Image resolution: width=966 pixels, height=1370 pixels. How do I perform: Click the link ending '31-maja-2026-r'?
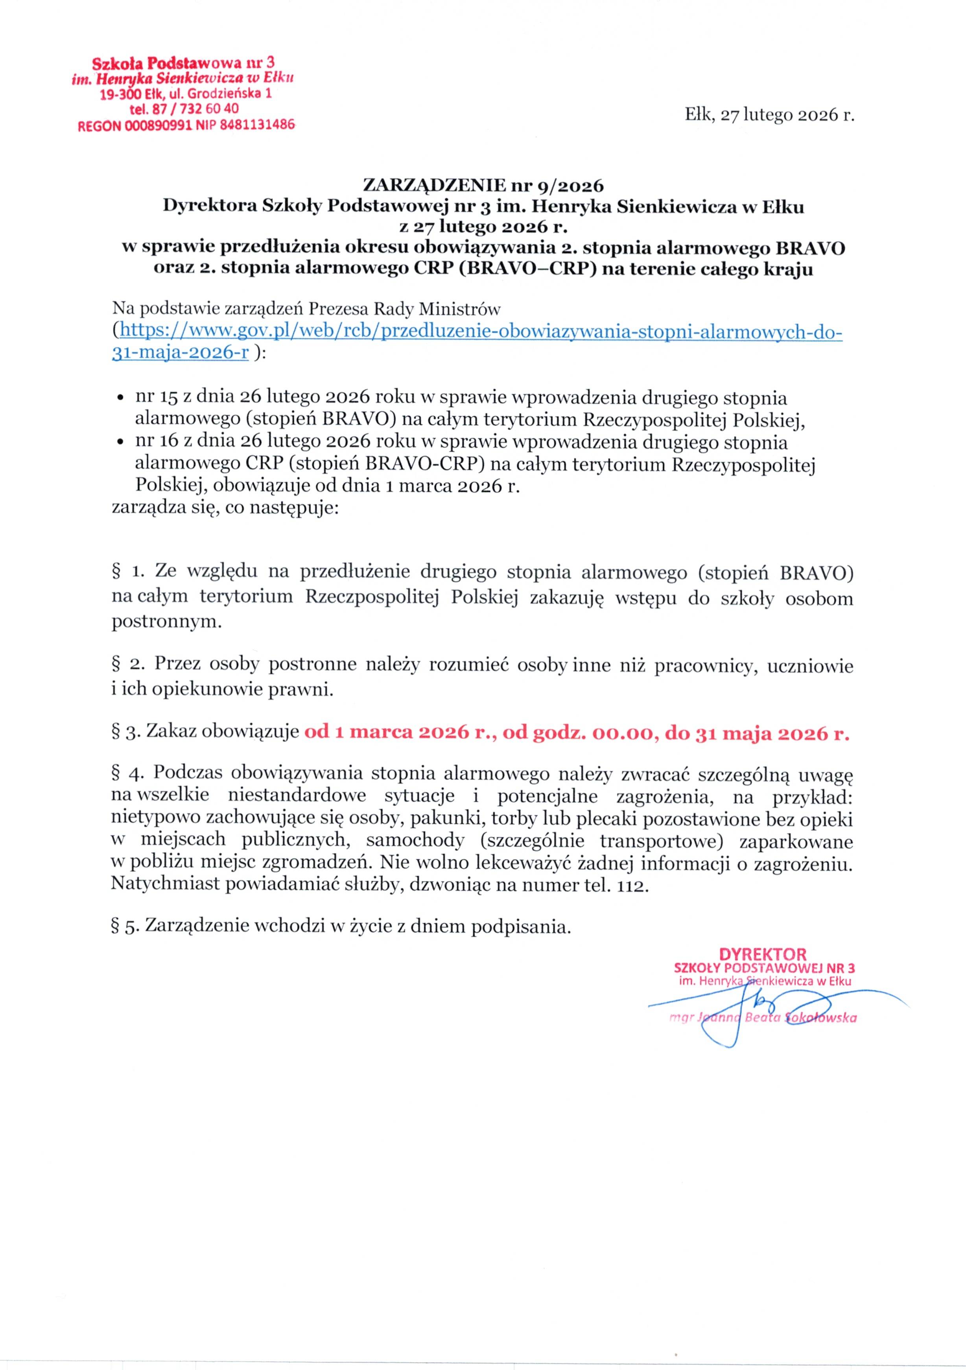180,353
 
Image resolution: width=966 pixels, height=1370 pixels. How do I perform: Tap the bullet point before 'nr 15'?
120,398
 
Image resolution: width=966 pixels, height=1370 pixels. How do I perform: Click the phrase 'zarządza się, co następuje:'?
225,509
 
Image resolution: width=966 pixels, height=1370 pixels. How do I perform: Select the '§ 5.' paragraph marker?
126,927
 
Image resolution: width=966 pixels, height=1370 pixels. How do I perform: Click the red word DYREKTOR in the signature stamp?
763,955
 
